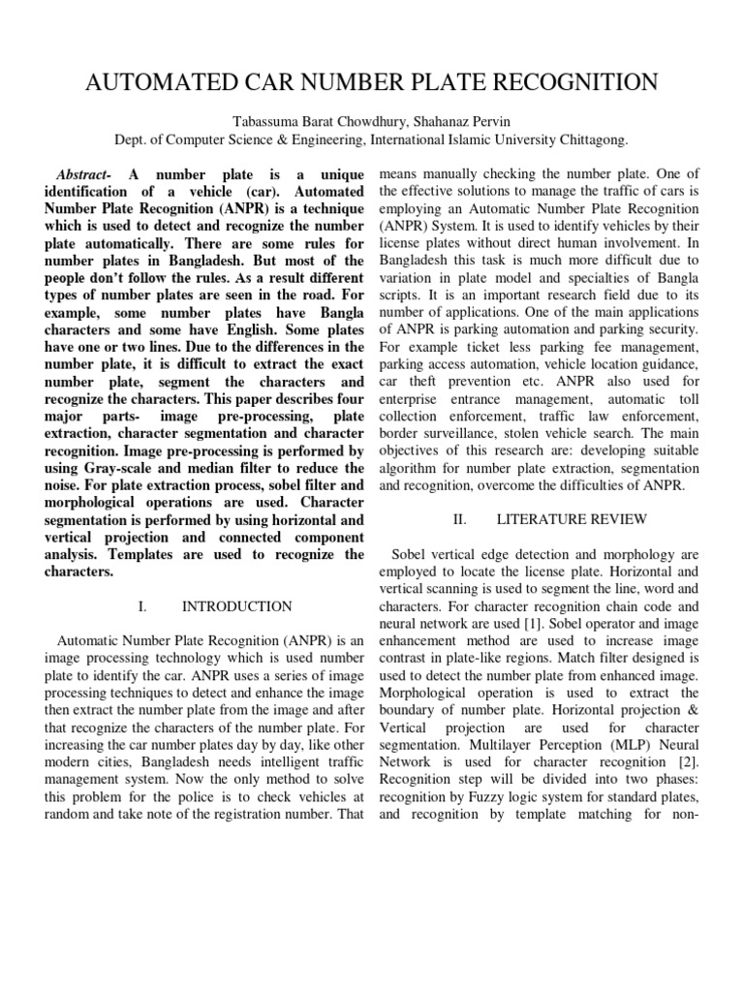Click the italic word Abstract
(x=83, y=173)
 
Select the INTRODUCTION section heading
(x=236, y=606)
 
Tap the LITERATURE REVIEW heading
(x=572, y=519)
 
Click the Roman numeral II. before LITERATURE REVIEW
(x=460, y=519)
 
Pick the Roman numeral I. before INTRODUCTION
(x=142, y=606)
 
